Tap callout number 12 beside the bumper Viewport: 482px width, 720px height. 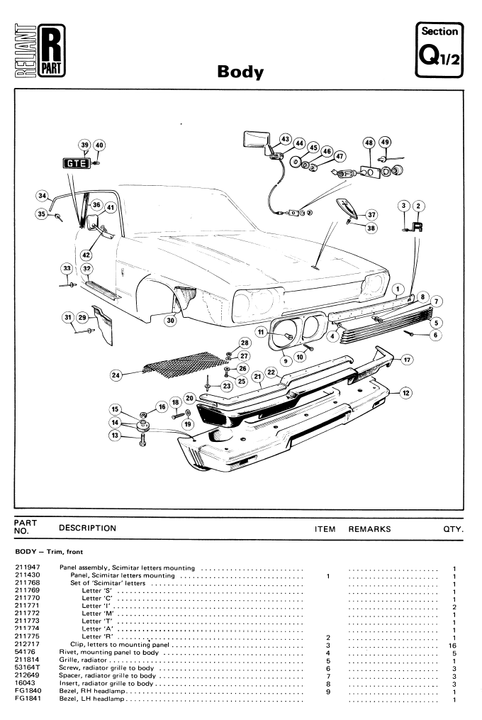[x=405, y=392]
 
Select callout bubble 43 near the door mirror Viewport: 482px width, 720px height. [x=286, y=138]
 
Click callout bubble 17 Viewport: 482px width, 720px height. [x=407, y=360]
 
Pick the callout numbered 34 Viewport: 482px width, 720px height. [x=43, y=196]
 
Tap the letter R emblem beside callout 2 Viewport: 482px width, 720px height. [x=417, y=228]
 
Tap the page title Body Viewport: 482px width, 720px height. [x=240, y=72]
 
